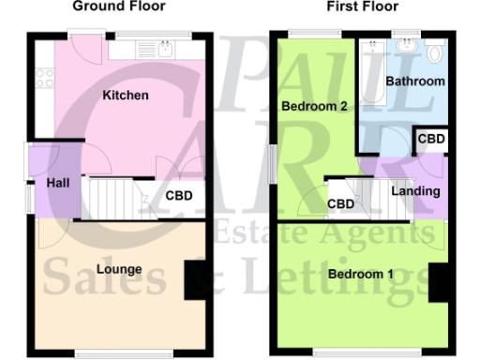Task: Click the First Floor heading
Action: (362, 7)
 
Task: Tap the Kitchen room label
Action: (126, 96)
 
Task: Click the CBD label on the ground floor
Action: (179, 197)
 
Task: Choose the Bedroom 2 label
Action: (315, 107)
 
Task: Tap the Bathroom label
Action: (417, 82)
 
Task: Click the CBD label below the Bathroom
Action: (431, 140)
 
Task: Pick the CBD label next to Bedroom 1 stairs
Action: (340, 204)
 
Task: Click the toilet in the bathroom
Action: (433, 55)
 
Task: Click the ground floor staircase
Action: (113, 198)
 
